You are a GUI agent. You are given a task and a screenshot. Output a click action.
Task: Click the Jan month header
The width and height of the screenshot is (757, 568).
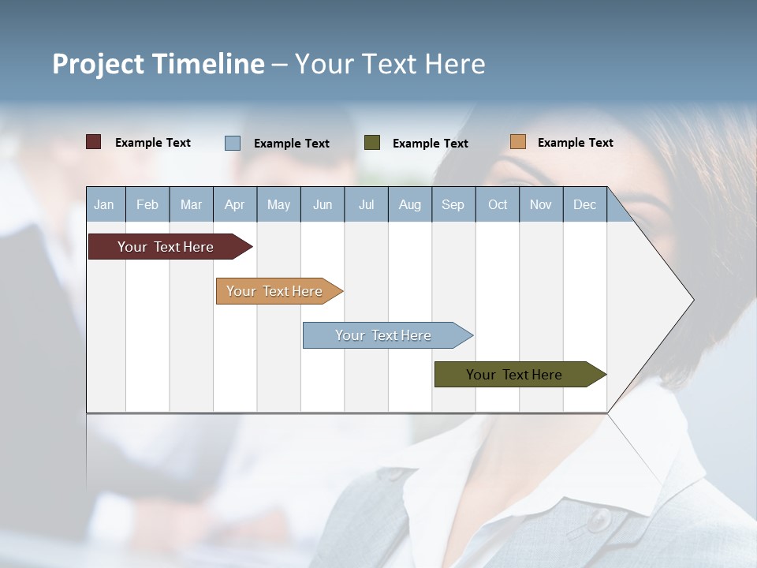click(105, 205)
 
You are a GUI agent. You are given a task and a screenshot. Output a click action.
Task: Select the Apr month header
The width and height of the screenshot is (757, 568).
click(235, 205)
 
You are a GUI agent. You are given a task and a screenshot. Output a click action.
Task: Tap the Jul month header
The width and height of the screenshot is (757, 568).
click(366, 205)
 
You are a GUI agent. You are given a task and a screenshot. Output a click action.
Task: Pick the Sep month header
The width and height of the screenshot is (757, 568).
click(453, 205)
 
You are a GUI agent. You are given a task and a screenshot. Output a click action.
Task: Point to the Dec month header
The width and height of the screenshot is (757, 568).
click(584, 205)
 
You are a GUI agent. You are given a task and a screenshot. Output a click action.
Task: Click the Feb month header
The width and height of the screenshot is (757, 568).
click(147, 205)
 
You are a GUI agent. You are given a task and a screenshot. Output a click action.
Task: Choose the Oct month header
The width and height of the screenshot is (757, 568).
click(498, 205)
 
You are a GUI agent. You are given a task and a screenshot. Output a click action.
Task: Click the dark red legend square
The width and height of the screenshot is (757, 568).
click(94, 142)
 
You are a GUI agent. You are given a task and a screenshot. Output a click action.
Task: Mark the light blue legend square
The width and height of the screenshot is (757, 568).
click(233, 143)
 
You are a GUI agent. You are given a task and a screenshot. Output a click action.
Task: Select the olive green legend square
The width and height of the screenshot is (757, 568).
click(372, 143)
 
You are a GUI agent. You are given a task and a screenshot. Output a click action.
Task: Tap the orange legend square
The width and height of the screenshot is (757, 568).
click(517, 142)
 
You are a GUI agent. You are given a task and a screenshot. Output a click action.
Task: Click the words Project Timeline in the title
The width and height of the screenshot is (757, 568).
click(158, 64)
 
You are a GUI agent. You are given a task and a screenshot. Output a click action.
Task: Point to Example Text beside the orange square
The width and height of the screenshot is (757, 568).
click(575, 143)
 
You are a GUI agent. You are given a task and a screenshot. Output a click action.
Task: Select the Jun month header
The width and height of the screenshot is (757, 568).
click(323, 205)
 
